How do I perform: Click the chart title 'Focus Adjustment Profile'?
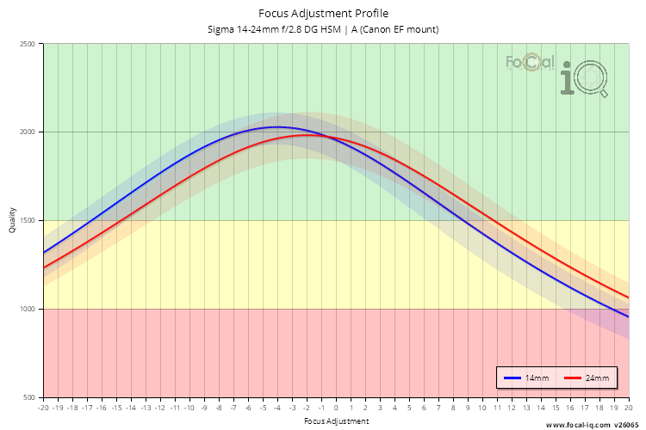(323, 14)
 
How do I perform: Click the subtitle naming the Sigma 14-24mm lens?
(323, 29)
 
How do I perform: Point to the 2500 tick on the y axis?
(28, 44)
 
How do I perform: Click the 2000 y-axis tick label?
(28, 132)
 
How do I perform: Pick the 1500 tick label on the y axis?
(28, 221)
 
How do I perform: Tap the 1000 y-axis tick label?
(28, 310)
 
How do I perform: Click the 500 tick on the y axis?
(30, 397)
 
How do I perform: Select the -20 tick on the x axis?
(43, 408)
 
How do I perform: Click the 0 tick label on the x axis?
(336, 408)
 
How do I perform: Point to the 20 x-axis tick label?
(628, 408)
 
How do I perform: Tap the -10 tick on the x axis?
(189, 408)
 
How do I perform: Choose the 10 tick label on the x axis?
(482, 408)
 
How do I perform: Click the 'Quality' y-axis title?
(12, 221)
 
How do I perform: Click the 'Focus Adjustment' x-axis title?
(336, 421)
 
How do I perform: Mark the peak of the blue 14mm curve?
(276, 127)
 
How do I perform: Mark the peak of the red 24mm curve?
(307, 135)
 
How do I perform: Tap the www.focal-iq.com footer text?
(578, 425)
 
